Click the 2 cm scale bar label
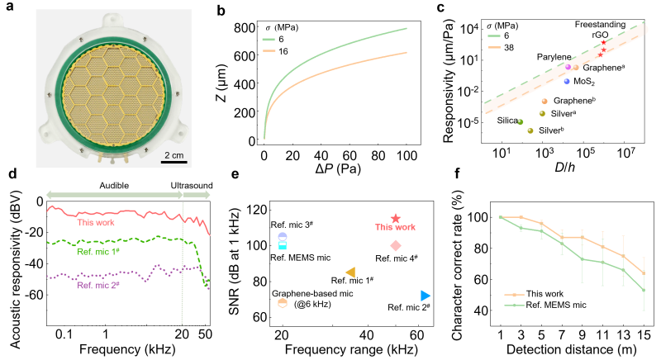(x=174, y=155)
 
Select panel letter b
(x=221, y=10)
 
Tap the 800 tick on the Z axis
(x=245, y=28)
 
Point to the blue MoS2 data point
(x=567, y=81)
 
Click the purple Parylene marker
(x=568, y=67)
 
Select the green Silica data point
(x=521, y=122)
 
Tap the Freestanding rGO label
(x=601, y=30)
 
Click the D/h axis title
(x=564, y=167)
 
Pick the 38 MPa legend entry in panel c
(x=501, y=47)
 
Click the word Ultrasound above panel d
(x=192, y=186)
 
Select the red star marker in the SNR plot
(x=396, y=218)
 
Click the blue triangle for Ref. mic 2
(x=426, y=296)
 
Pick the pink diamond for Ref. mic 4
(x=396, y=245)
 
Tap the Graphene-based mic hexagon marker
(x=283, y=303)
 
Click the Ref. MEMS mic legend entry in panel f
(x=545, y=305)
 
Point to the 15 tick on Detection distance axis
(x=644, y=334)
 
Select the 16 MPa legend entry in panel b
(x=275, y=51)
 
